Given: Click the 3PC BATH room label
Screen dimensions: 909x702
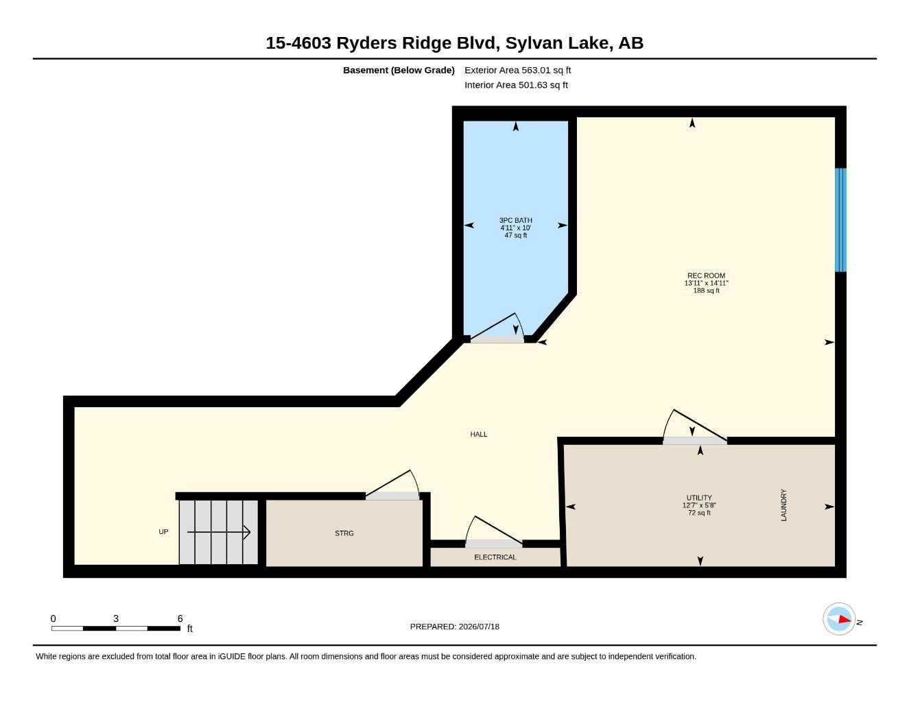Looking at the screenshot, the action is click(515, 220).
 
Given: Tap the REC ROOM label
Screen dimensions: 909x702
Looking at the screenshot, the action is click(706, 276).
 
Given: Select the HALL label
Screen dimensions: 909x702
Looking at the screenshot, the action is click(479, 434).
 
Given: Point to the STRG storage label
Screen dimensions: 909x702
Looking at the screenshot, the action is click(344, 533).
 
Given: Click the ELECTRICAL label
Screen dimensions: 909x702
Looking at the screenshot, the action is click(495, 557).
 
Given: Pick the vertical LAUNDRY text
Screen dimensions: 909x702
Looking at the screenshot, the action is click(784, 505).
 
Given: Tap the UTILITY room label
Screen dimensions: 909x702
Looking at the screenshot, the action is click(699, 498).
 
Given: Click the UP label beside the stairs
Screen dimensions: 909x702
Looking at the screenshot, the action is click(163, 531).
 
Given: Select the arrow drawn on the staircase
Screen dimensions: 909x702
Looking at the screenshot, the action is click(218, 532).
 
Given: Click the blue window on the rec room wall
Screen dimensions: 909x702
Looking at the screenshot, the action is click(840, 220).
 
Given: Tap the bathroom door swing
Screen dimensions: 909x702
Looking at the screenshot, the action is click(497, 328).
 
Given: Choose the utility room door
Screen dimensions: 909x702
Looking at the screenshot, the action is click(695, 426).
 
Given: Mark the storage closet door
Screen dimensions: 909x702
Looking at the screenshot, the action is click(392, 485).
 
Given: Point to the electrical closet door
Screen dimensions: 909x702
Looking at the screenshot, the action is click(494, 531).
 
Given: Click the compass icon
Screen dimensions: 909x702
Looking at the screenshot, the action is click(839, 619).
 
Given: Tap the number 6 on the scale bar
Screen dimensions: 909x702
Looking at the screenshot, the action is click(180, 618).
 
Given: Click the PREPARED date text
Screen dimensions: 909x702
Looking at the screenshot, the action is click(455, 627).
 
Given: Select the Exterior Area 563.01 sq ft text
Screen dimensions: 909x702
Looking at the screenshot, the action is click(517, 70).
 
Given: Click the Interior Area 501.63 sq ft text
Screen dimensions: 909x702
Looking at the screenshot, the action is click(516, 85).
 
